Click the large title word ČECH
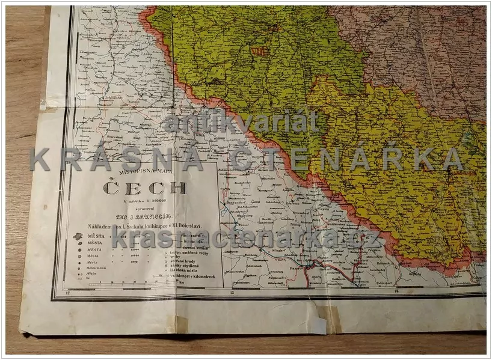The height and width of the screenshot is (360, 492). [144, 188]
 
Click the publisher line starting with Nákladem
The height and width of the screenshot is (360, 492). [143, 226]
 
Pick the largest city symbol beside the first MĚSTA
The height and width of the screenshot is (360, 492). [78, 237]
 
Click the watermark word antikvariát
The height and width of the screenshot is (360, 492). [241, 123]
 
